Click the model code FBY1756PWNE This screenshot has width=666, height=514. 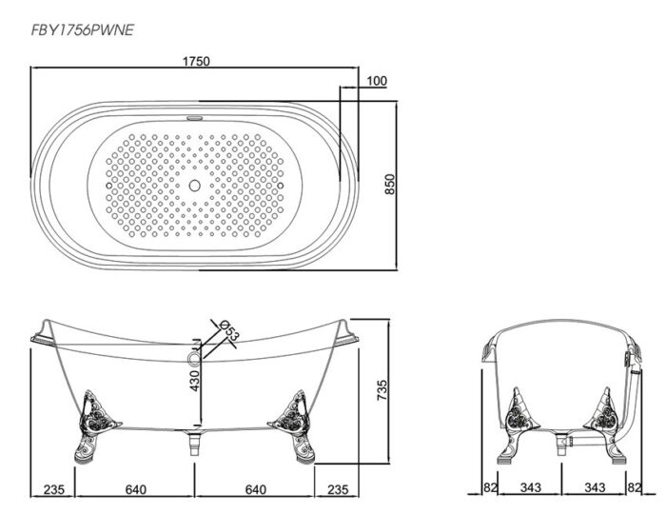tap(83, 30)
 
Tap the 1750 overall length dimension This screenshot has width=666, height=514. tap(196, 61)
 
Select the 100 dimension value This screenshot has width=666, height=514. tap(377, 81)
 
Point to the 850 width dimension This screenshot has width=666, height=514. tap(390, 184)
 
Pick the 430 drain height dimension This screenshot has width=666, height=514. tap(194, 381)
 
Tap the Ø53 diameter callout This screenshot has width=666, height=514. tap(230, 329)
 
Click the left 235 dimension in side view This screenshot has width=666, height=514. tap(54, 489)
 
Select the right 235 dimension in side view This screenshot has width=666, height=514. tap(338, 489)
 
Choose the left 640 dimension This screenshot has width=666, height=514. tap(135, 489)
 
